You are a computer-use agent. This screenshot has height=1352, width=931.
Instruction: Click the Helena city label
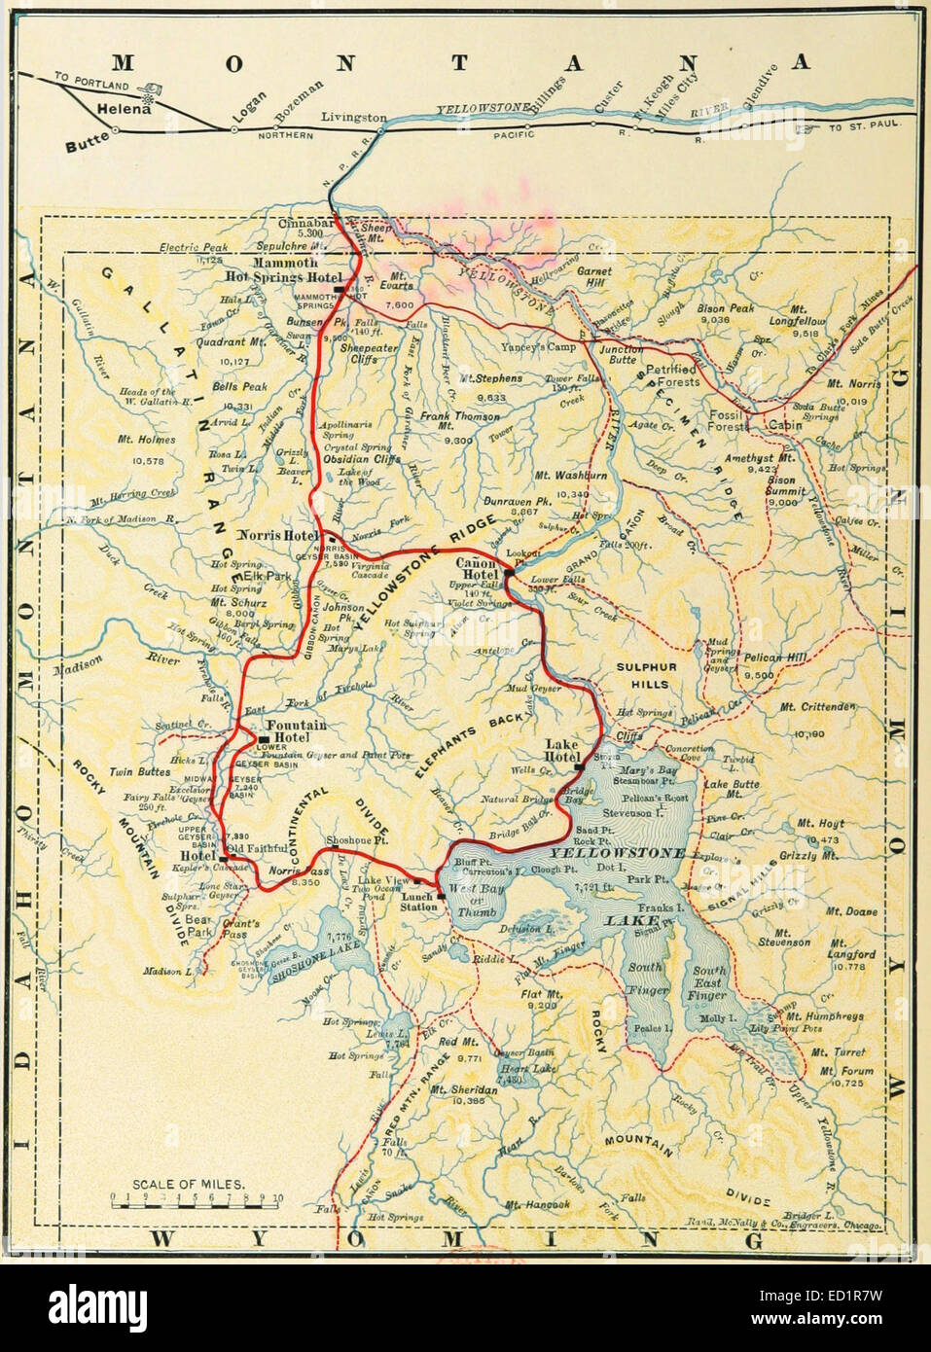122,110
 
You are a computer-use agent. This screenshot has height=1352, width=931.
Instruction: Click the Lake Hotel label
561,751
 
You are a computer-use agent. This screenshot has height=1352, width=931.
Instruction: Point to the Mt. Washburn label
571,476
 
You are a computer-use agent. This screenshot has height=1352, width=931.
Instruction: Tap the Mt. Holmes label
146,440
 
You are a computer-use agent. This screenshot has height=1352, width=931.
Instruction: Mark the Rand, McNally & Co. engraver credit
810,1225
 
